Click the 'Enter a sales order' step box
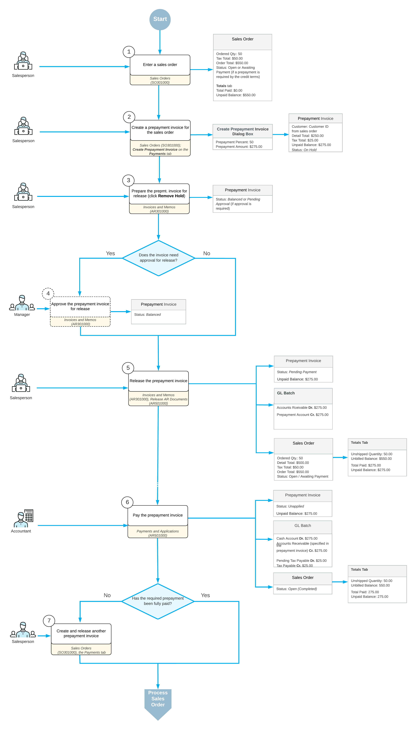pos(160,65)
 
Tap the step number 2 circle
pos(129,117)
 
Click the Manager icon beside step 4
pos(22,303)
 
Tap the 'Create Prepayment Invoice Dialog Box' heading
pos(243,132)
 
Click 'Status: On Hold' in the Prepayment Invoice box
pos(304,150)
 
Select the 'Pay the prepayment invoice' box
pos(158,515)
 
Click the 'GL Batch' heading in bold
pos(286,393)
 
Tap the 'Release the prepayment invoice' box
pos(159,381)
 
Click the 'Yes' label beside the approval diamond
pos(110,254)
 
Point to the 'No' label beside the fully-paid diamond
pos(107,595)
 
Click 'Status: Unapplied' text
pos(290,506)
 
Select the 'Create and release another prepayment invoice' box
pos(81,634)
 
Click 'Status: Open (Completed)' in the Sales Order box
pos(297,589)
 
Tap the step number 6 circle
pos(127,502)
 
